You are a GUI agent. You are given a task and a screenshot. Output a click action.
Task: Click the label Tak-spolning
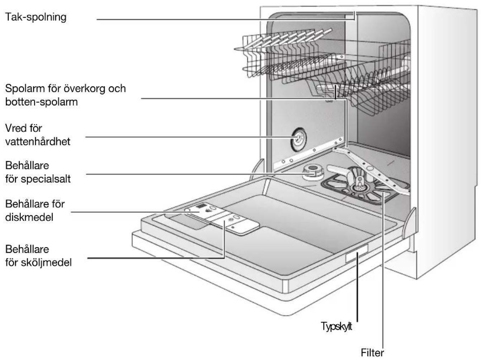pos(36,17)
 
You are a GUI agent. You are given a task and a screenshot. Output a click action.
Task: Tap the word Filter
pos(372,353)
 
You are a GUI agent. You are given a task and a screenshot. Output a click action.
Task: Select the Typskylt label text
pos(337,326)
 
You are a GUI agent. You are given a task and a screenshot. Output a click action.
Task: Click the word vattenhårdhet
pos(38,142)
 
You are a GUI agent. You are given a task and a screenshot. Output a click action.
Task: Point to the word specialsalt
pos(46,179)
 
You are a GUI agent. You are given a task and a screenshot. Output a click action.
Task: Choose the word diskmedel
pos(29,217)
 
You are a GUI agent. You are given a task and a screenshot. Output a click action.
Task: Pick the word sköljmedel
pos(46,262)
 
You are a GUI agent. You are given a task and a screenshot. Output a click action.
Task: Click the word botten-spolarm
pos(42,102)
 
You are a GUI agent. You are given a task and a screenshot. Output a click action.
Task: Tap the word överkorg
pos(84,88)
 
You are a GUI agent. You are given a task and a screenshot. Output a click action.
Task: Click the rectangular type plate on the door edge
pos(357,253)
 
